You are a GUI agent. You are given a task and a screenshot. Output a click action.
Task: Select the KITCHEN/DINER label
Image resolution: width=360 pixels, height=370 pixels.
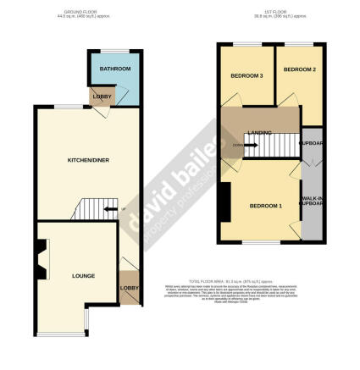click(88, 159)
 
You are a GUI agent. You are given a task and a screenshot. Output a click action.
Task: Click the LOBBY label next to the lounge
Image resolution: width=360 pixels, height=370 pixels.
click(130, 290)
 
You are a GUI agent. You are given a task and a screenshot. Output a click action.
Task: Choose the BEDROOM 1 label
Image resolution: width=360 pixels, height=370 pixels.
click(265, 206)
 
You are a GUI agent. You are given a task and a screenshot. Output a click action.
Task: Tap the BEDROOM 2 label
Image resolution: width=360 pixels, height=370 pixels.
click(298, 69)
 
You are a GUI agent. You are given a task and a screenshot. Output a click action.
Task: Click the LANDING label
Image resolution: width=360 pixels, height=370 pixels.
click(259, 131)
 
